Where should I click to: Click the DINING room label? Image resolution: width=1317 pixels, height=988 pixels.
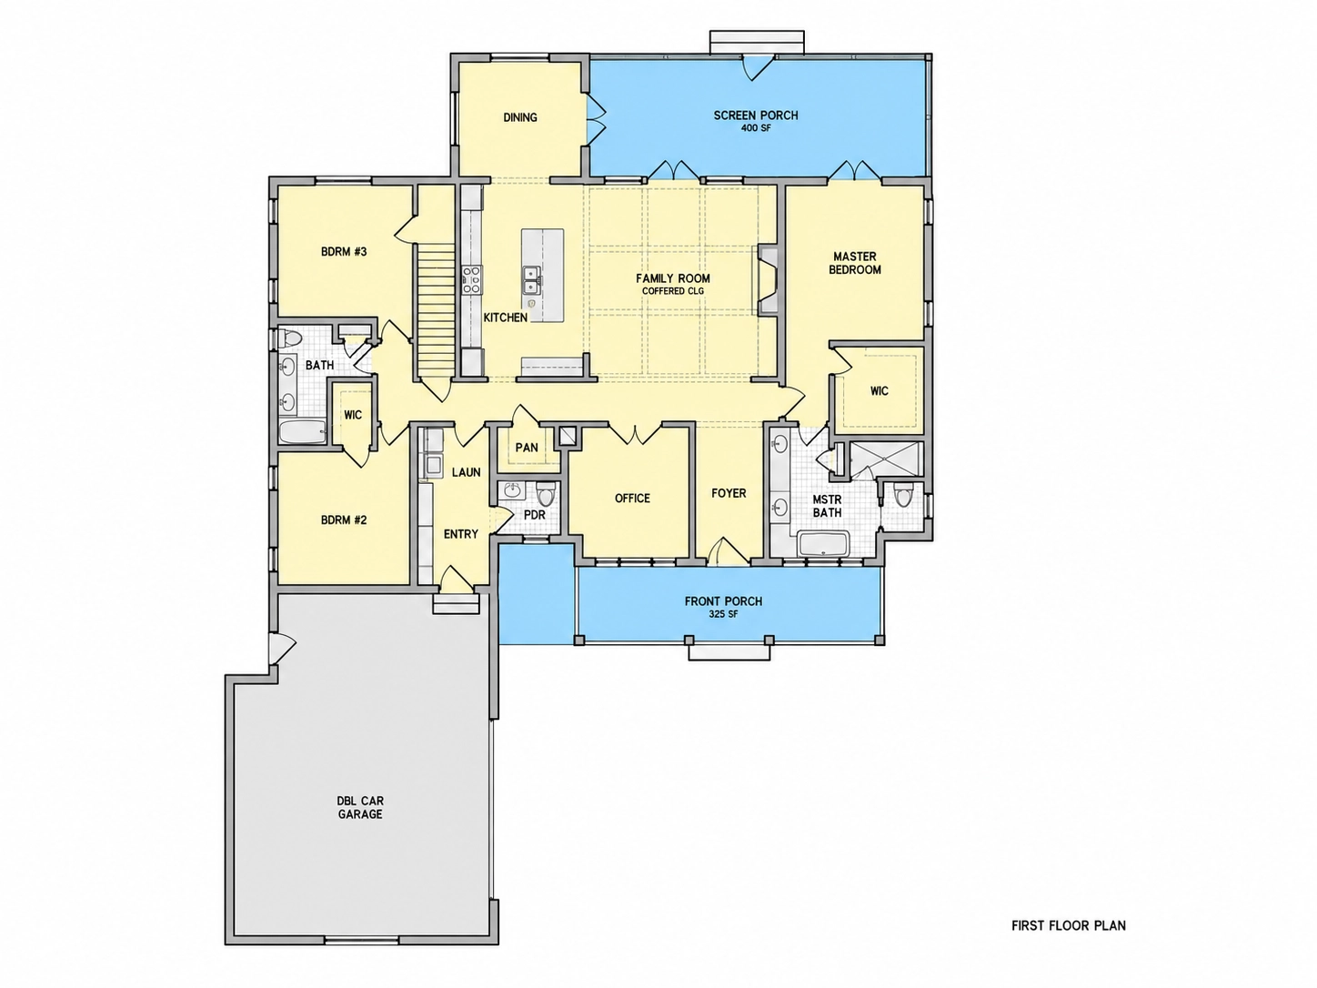click(x=519, y=117)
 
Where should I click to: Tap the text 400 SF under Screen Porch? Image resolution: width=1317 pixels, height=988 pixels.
click(x=756, y=128)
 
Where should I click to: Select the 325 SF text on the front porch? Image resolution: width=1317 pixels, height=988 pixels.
click(x=723, y=614)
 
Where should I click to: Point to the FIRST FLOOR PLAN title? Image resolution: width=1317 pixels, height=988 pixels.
click(x=1068, y=925)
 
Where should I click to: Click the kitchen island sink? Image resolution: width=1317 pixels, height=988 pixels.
click(x=531, y=279)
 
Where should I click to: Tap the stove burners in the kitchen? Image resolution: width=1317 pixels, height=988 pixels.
click(x=472, y=279)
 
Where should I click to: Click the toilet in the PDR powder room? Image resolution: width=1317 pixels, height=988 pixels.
click(x=546, y=494)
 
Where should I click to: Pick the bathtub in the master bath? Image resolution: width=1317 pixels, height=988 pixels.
click(x=822, y=543)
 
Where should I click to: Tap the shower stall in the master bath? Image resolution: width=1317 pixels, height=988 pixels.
click(x=886, y=460)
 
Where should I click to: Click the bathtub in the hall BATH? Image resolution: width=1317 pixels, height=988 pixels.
click(x=303, y=431)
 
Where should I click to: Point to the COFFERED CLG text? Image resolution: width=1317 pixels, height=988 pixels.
click(x=673, y=291)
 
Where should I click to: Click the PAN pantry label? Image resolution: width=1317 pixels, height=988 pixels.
click(x=527, y=448)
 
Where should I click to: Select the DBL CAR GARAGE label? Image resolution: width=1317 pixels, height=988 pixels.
click(x=360, y=808)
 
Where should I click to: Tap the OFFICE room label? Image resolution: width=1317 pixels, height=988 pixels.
click(x=632, y=499)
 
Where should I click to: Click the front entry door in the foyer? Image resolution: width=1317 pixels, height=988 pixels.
click(x=729, y=552)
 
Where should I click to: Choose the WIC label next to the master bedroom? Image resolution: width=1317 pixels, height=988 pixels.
click(x=879, y=391)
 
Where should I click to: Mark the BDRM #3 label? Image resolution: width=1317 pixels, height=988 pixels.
click(x=344, y=252)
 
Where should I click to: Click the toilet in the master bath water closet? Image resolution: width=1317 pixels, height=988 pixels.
click(x=902, y=496)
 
